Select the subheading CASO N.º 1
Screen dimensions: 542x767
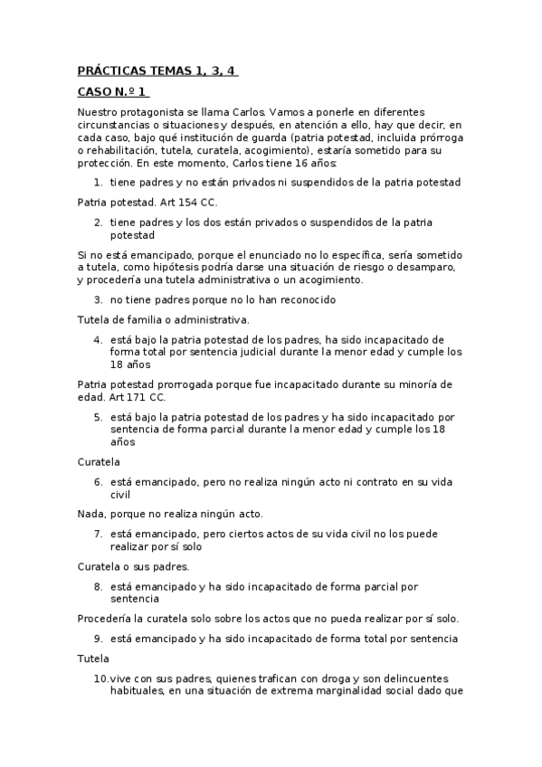point(112,91)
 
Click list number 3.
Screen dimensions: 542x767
point(98,299)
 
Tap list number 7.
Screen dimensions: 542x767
point(98,534)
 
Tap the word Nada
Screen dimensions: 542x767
point(90,513)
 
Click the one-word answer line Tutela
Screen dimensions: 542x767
point(92,658)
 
